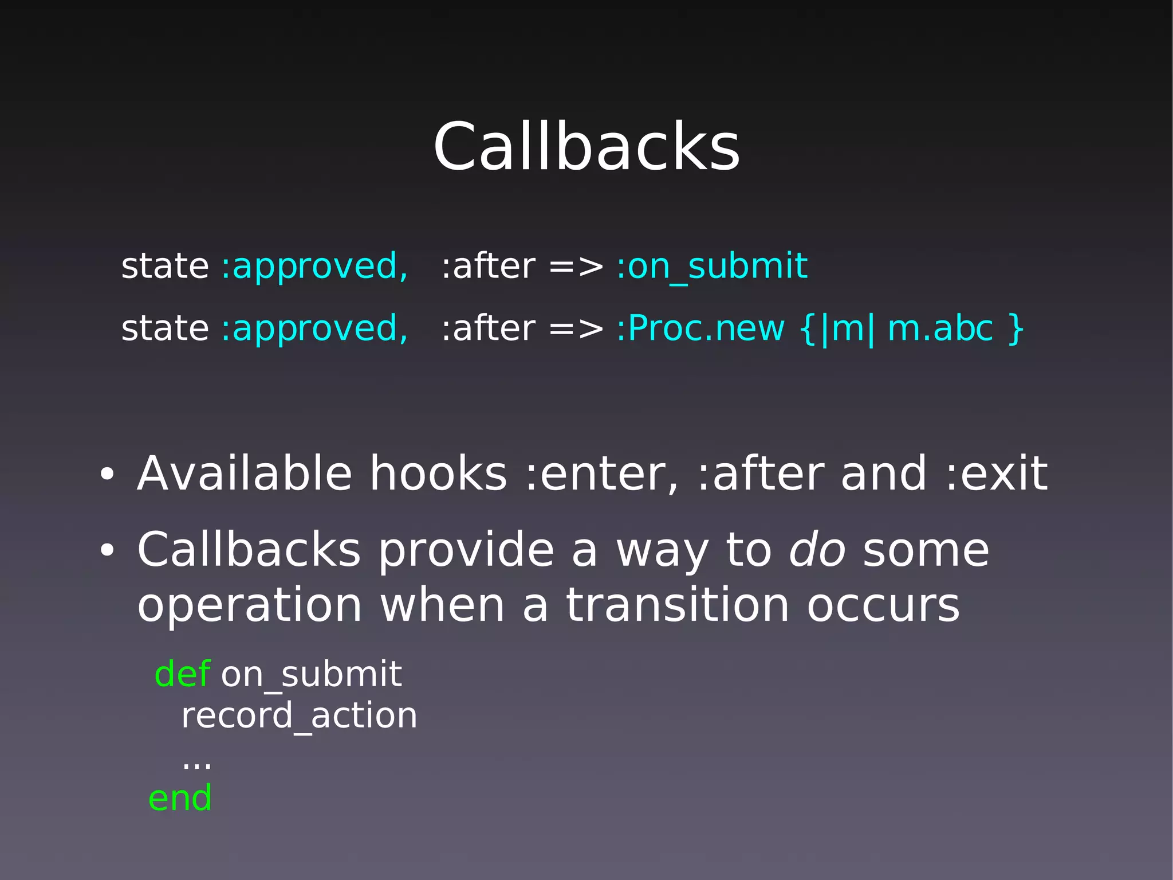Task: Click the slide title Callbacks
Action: pos(586,147)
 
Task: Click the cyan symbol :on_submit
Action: pos(712,267)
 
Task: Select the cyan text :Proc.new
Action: pos(700,328)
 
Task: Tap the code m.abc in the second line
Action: pos(940,328)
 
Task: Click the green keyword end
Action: pos(180,798)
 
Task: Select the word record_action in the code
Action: pos(299,716)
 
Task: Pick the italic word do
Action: pos(817,550)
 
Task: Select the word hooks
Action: pos(438,474)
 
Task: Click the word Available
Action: pos(245,474)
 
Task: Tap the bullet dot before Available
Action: pos(107,475)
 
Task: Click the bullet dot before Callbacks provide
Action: pos(107,551)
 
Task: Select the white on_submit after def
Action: pos(312,675)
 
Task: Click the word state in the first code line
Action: pos(165,267)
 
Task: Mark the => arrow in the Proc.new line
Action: pos(576,329)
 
